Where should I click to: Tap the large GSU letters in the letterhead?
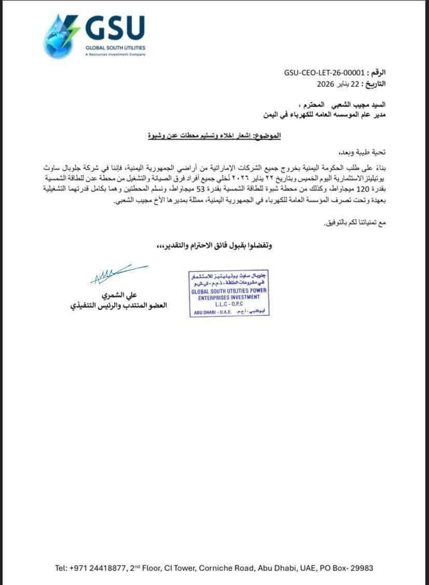115,29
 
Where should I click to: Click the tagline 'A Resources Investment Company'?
116,54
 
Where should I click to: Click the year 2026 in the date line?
327,83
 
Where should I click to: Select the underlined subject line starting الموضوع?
213,136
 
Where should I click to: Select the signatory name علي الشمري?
119,296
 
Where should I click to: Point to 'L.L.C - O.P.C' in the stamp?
228,306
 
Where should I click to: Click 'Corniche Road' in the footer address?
234,568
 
